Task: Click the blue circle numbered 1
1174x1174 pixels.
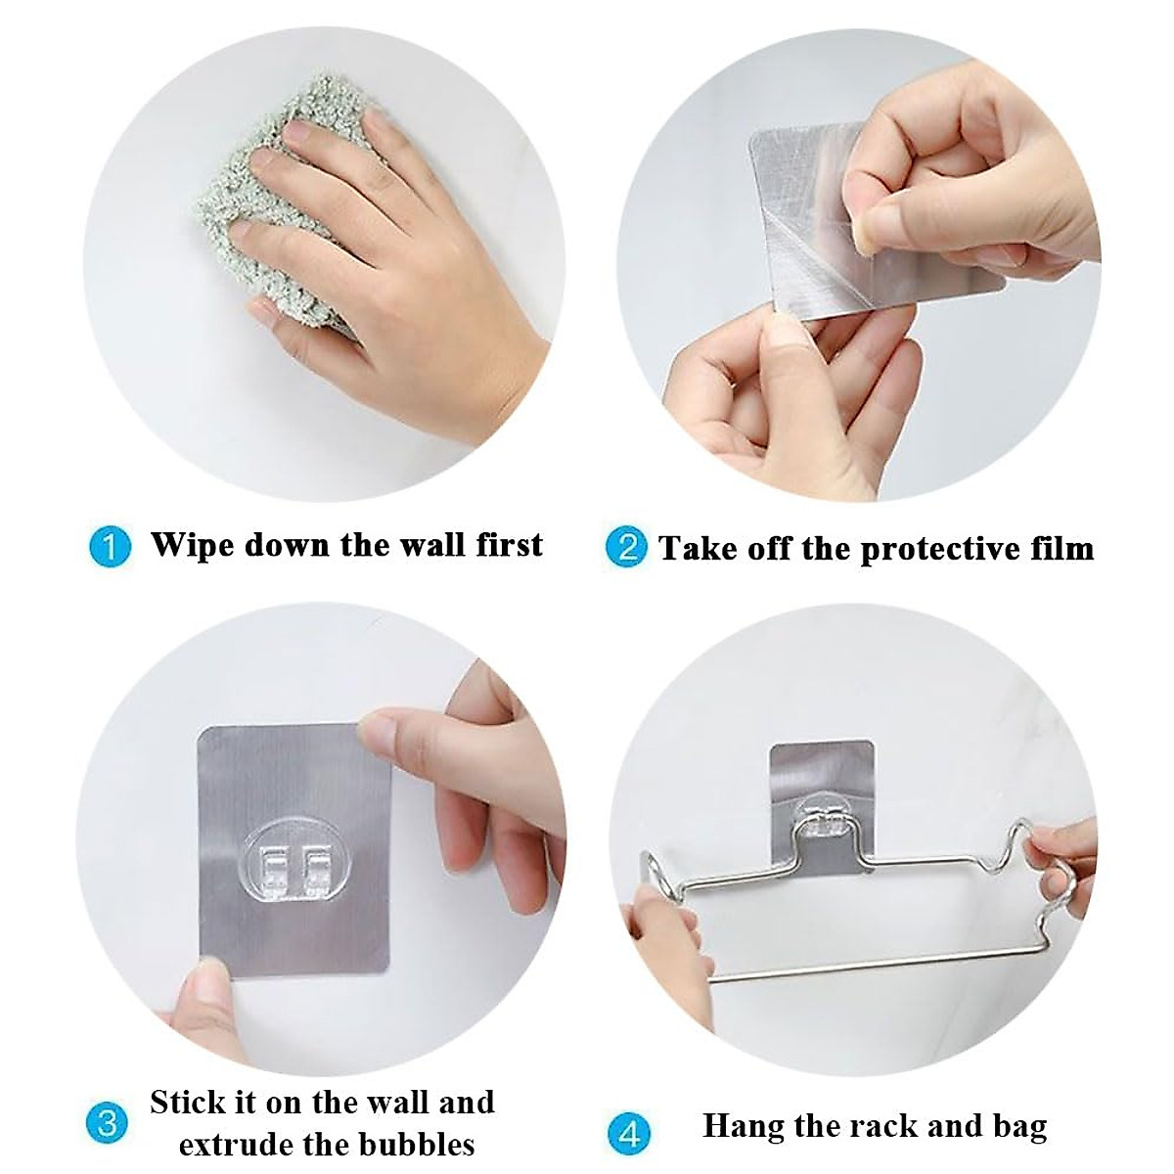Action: pos(110,546)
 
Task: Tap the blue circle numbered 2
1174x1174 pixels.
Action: pos(627,546)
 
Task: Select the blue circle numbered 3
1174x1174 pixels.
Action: pos(108,1122)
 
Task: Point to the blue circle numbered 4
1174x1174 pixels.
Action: pos(629,1135)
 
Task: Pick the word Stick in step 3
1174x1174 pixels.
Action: pos(189,1102)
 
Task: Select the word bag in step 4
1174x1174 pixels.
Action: pos(1018,1127)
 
